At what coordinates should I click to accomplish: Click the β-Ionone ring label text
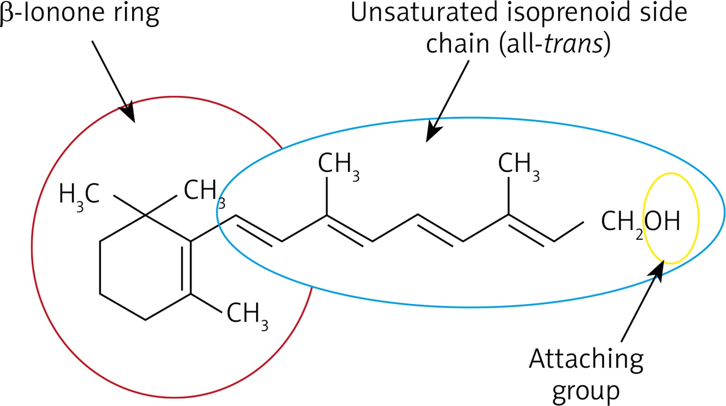[x=80, y=13]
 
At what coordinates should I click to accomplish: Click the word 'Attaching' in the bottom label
[x=586, y=360]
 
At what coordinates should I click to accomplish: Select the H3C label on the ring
[x=79, y=194]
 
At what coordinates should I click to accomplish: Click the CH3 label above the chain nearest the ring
[x=338, y=165]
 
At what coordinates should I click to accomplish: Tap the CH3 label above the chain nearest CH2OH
[x=518, y=165]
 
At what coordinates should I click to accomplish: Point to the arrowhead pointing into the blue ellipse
[x=433, y=133]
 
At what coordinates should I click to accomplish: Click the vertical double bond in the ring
[x=186, y=267]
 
